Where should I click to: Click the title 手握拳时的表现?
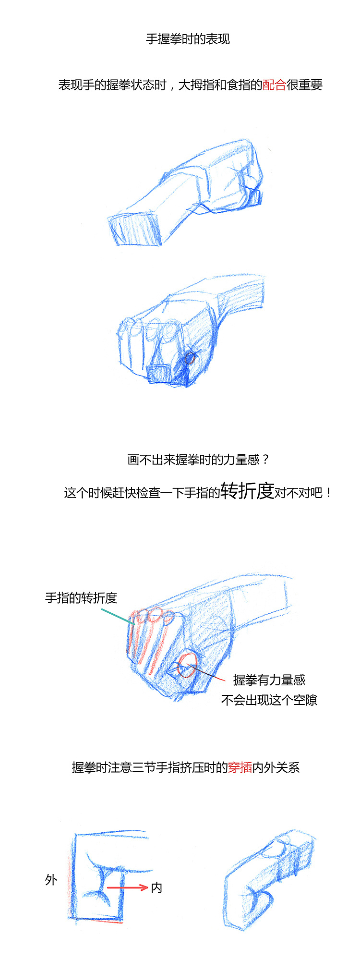coord(188,39)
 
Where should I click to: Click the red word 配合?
coord(275,85)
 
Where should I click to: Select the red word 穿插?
coord(240,767)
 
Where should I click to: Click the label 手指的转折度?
coord(81,598)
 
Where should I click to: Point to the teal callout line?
coord(118,617)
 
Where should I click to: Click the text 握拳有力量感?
coord(269,680)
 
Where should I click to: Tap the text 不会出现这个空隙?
coord(269,700)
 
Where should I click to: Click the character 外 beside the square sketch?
coord(51,880)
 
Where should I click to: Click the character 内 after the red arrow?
coord(156,888)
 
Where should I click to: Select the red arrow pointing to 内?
coord(127,887)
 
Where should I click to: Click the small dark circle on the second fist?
coord(190,358)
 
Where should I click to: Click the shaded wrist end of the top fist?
coord(134,229)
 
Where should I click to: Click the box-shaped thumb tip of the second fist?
coord(160,374)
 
